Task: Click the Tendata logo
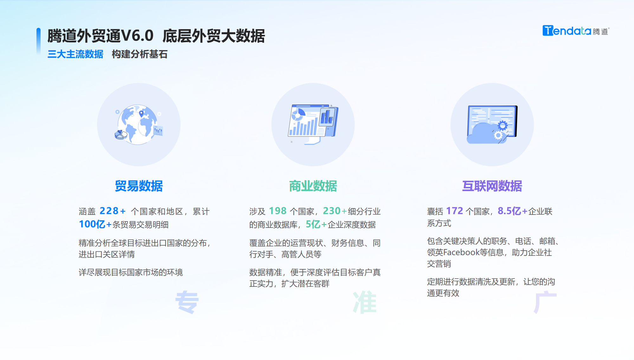[x=575, y=31]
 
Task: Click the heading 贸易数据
[x=139, y=186]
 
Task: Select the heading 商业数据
[x=313, y=186]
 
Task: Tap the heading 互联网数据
[x=492, y=186]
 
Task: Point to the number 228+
[x=113, y=211]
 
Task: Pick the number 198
[x=278, y=211]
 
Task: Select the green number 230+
[x=335, y=211]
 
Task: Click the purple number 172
[x=455, y=211]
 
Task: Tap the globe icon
[x=139, y=125]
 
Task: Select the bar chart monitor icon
[x=313, y=124]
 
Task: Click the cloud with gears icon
[x=492, y=125]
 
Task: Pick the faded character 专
[x=187, y=302]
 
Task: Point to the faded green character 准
[x=365, y=302]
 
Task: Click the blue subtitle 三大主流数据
[x=75, y=54]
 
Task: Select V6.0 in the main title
[x=137, y=36]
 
